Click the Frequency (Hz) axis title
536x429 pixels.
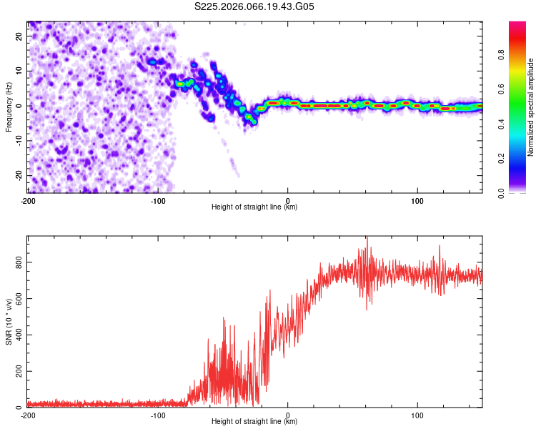pos(9,107)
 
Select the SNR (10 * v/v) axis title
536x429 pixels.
pos(9,321)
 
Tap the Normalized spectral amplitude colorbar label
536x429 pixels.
pos(530,107)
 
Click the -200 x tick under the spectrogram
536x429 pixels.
pos(28,199)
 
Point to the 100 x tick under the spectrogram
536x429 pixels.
pos(417,199)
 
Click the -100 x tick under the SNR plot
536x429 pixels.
pos(158,415)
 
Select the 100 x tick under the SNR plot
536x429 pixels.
pos(417,415)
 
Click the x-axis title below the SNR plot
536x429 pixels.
pos(254,423)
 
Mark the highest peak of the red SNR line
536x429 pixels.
pos(367,237)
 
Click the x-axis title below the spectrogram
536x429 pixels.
pos(254,207)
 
